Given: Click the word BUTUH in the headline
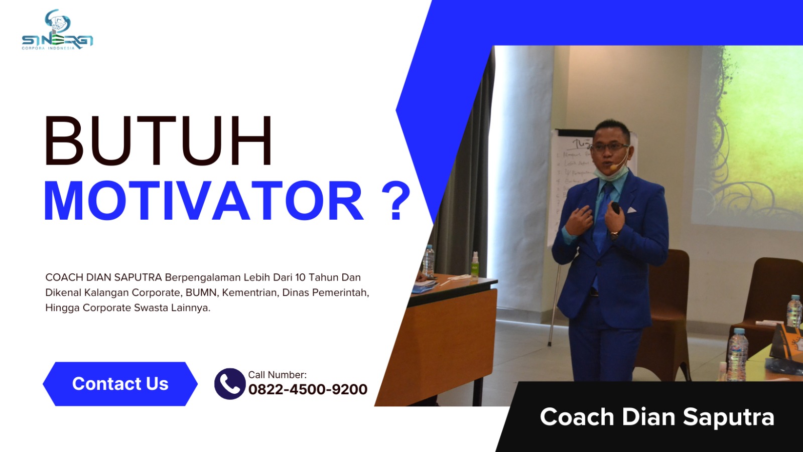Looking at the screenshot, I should point(158,141).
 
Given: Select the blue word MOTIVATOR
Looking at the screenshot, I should point(203,201).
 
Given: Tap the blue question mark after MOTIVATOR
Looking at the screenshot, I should point(396,201).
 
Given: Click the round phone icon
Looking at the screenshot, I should point(229,384).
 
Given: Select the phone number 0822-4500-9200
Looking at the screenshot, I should point(308,390).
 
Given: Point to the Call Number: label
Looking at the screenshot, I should point(277,375).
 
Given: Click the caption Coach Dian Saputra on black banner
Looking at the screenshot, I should point(656,417).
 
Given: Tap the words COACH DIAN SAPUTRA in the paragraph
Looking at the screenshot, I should point(103,277).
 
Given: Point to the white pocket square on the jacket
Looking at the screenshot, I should point(631,210).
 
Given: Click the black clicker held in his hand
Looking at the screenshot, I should point(615,208).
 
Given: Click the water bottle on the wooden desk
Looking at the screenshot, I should point(428,261).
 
